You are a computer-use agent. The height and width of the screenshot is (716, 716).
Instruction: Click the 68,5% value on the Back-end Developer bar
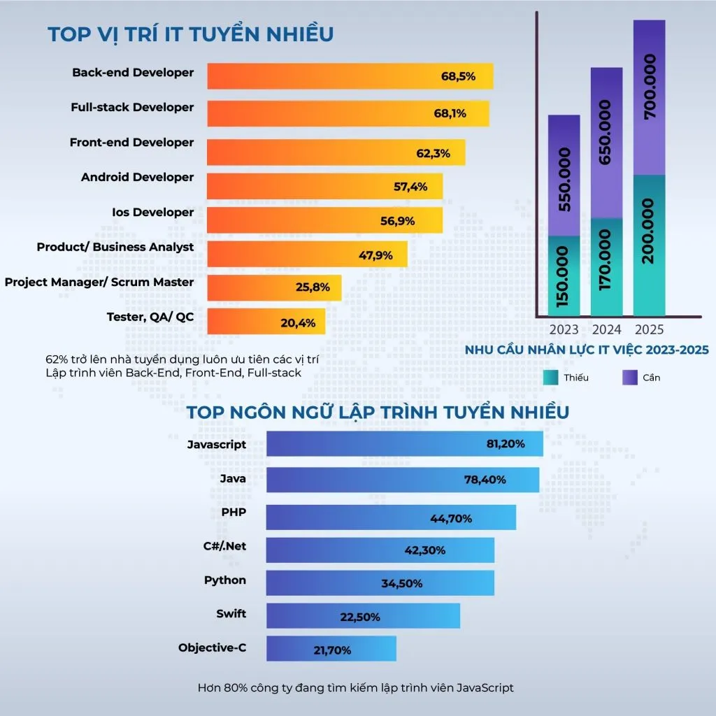coord(458,76)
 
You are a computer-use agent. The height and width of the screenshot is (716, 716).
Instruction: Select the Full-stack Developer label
coord(132,108)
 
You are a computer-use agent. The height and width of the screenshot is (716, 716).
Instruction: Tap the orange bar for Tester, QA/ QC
coord(266,322)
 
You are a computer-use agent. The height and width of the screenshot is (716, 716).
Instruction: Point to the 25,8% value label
coord(313,287)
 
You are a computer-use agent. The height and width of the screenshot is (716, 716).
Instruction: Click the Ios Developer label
coord(152,213)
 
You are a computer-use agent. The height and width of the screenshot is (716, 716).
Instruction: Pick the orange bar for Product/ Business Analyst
coord(301,255)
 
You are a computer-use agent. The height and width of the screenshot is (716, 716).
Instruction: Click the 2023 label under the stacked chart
coord(564,329)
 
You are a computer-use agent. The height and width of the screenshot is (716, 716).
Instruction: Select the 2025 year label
coord(649,329)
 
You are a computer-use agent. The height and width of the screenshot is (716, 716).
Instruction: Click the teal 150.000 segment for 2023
coord(564,276)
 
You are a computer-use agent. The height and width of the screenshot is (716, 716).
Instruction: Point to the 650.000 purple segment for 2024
coord(606,143)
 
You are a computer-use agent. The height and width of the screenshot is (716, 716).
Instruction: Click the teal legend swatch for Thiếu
coord(551,378)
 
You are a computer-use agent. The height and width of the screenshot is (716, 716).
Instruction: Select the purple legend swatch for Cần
coord(630,378)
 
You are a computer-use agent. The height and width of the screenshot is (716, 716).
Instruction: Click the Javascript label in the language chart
coord(217,444)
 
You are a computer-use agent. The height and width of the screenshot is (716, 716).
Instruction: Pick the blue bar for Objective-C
coord(331,649)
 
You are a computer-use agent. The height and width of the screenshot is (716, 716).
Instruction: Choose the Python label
coord(225,580)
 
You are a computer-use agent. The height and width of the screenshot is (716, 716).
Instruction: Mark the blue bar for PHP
coord(391,517)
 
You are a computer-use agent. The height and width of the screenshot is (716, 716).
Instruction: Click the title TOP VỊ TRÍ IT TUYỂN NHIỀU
coord(190,34)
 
